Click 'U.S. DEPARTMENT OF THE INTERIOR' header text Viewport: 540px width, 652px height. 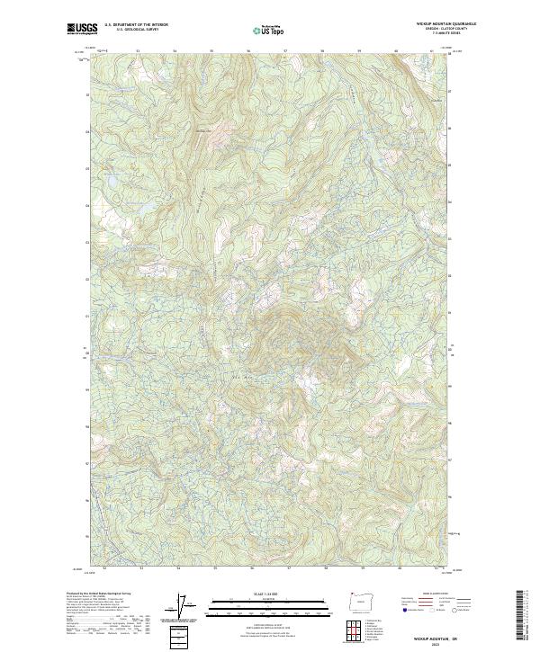[136, 25]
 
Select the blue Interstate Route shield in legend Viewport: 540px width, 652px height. [404, 611]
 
